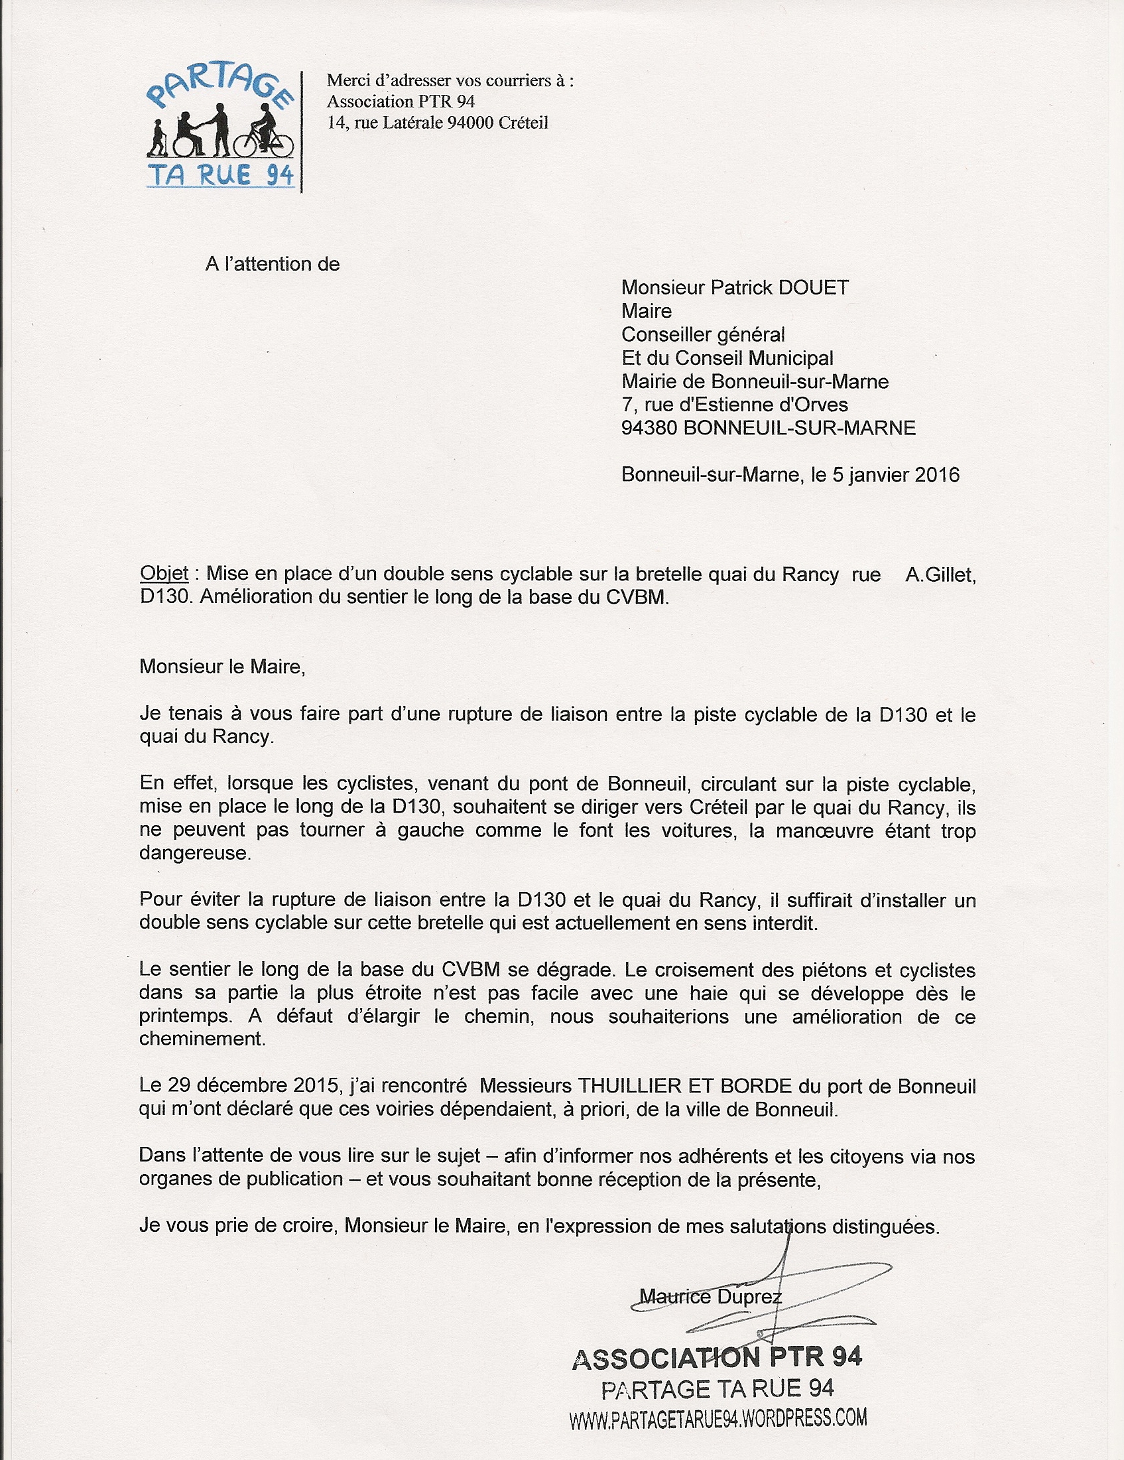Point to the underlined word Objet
pos(164,574)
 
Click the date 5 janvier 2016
pos(895,475)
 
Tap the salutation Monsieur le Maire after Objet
pos(222,667)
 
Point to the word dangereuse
pos(195,854)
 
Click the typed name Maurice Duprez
pos(710,1297)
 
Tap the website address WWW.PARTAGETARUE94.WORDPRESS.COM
pos(718,1420)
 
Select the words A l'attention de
pos(273,264)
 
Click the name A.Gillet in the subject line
pos(940,574)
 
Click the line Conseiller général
pos(703,335)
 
